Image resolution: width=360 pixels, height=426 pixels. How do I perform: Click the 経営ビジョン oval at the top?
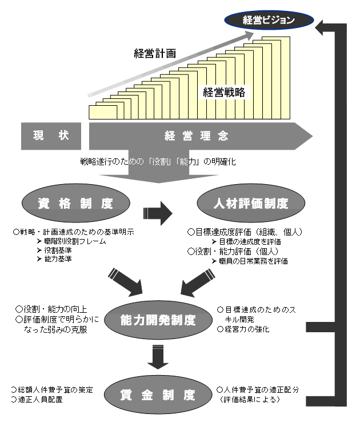(268, 20)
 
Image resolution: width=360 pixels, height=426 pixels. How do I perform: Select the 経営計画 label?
(155, 54)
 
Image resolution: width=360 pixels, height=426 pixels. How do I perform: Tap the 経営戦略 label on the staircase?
(224, 92)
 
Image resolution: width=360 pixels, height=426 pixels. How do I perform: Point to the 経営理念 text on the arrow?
(197, 136)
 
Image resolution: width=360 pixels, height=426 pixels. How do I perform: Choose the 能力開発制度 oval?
(158, 320)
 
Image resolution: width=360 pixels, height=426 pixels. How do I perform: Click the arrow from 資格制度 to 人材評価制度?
(158, 213)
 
